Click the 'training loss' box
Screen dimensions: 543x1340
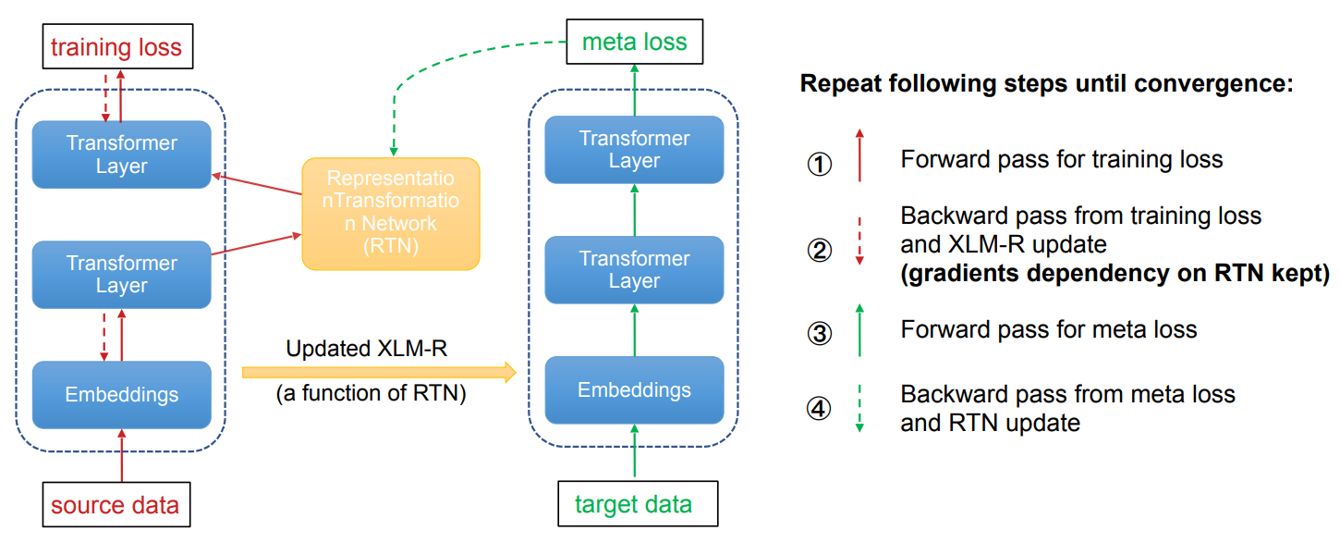(116, 46)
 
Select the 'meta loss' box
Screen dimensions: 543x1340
(634, 42)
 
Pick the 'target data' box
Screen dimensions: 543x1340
(633, 504)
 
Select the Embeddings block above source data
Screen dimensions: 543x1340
(121, 395)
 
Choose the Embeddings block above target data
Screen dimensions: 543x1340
(634, 389)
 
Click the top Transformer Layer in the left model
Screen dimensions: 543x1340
(121, 154)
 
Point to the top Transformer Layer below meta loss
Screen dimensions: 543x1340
(634, 150)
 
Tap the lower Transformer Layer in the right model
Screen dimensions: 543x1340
(634, 269)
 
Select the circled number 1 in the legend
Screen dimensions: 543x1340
(820, 165)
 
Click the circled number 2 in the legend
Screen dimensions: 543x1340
(820, 251)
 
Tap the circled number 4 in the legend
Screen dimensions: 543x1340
(820, 409)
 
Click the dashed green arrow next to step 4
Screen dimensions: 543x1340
(859, 409)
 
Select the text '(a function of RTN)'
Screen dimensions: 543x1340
(371, 394)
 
